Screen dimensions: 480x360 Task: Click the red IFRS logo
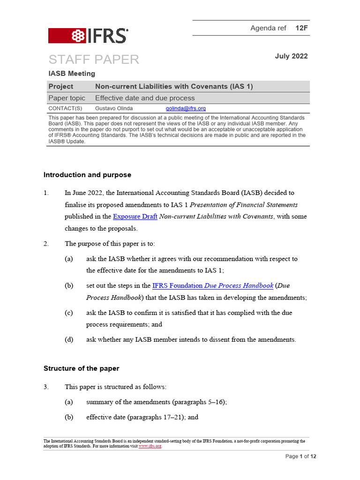(x=88, y=36)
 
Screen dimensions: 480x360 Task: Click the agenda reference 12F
(x=301, y=28)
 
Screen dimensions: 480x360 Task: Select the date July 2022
(x=291, y=56)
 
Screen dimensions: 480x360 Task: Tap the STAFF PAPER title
(x=94, y=60)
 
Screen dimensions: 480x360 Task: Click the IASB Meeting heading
(x=72, y=74)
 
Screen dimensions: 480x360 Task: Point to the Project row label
(x=61, y=86)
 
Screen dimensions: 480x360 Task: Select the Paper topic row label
(x=67, y=98)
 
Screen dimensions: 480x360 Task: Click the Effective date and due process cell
(x=144, y=98)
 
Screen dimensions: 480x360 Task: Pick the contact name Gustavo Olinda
(x=114, y=108)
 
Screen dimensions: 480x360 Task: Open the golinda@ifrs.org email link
(x=186, y=108)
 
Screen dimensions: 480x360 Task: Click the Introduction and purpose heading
(x=87, y=175)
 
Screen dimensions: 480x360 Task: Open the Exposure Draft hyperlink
(x=135, y=217)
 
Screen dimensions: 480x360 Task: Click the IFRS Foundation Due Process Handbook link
(x=212, y=285)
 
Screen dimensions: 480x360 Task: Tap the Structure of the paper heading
(x=81, y=368)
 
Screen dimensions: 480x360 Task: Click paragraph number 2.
(x=46, y=243)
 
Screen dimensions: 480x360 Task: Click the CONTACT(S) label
(x=65, y=108)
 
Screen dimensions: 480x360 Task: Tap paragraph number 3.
(x=46, y=387)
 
